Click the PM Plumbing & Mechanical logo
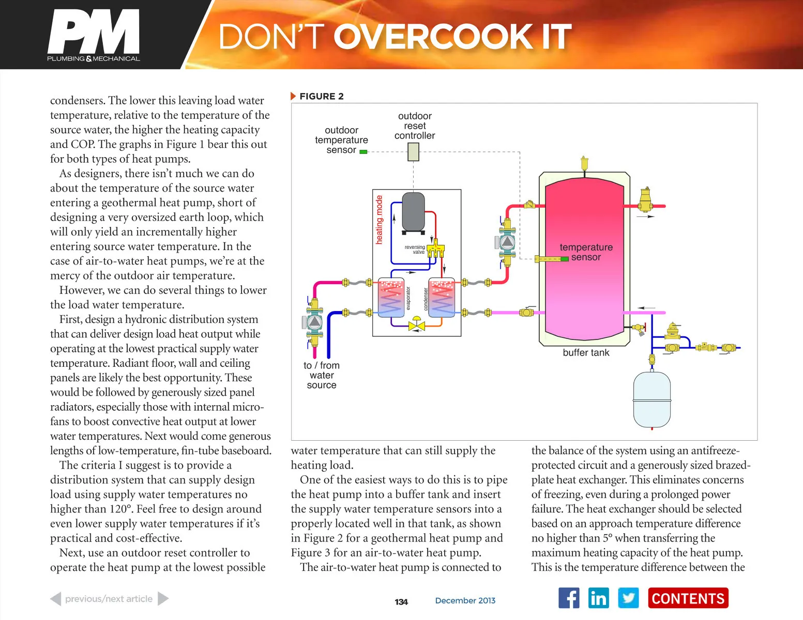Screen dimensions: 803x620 pos(94,35)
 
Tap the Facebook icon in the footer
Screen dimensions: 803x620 pos(569,597)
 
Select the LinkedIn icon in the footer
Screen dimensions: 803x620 pos(598,597)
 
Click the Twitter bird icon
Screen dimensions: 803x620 pos(628,597)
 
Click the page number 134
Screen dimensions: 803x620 pos(401,602)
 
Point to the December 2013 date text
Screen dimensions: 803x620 pos(465,600)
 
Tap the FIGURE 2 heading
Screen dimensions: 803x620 pos(321,97)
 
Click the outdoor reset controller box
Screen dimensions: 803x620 pos(413,152)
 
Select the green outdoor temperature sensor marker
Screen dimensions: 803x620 pos(363,152)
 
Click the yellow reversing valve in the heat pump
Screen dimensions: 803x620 pos(436,249)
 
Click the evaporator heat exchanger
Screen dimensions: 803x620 pos(391,298)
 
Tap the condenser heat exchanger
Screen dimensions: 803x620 pos(441,298)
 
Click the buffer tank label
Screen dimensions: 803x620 pos(586,353)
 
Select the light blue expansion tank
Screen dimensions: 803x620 pos(652,400)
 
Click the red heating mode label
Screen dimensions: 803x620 pos(379,220)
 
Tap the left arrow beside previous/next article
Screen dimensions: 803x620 pos(55,599)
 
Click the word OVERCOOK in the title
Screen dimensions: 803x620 pos(434,36)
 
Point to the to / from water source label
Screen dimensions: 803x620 pos(322,375)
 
